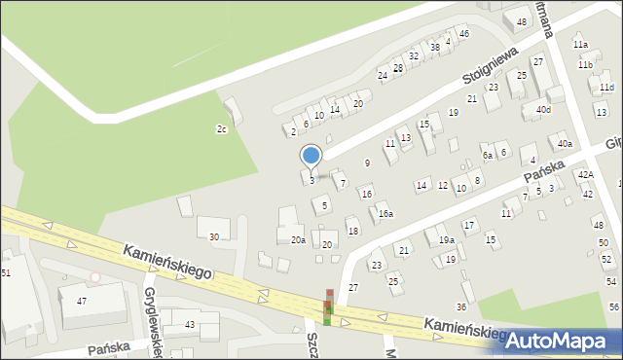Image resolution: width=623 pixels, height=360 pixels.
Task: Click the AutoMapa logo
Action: (x=563, y=341)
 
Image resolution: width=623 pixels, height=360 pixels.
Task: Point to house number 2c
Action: (x=221, y=128)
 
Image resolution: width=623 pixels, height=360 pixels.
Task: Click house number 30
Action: (x=213, y=236)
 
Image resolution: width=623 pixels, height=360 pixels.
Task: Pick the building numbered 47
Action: (x=82, y=302)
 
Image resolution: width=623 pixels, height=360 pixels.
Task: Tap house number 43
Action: (x=190, y=324)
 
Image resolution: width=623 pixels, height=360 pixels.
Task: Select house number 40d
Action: (x=542, y=110)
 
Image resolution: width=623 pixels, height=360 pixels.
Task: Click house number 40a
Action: (x=565, y=144)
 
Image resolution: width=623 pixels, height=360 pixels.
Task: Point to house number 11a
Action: (x=581, y=45)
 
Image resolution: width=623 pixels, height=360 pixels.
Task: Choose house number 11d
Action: (x=606, y=88)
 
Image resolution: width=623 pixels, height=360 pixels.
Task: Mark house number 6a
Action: (x=487, y=155)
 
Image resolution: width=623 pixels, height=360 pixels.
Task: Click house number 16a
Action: (x=385, y=214)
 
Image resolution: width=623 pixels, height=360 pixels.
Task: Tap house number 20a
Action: (x=298, y=239)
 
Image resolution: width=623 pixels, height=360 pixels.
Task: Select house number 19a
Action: (x=446, y=239)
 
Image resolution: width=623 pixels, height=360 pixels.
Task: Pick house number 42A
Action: (x=585, y=174)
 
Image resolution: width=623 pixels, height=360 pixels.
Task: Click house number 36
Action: (x=461, y=306)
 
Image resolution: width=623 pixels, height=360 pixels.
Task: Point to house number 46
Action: (x=464, y=34)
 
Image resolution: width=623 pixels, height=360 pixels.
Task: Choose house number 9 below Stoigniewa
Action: (x=367, y=162)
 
